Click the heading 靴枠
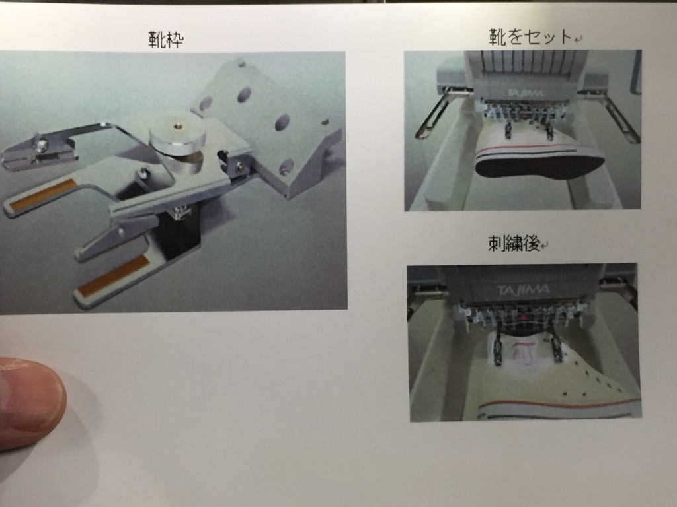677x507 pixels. [x=166, y=39]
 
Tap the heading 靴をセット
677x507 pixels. [x=530, y=37]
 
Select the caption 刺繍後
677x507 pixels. [x=514, y=244]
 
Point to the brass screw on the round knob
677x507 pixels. [x=177, y=126]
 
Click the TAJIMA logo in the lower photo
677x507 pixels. [x=523, y=290]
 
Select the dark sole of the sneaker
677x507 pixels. [x=539, y=166]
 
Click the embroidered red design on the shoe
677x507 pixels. [x=524, y=351]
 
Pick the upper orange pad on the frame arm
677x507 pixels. [x=43, y=195]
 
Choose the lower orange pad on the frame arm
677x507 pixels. [x=113, y=276]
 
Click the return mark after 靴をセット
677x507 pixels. [x=578, y=39]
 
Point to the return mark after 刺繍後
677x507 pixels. [x=545, y=246]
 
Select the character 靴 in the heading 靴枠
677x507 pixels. [x=157, y=39]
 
